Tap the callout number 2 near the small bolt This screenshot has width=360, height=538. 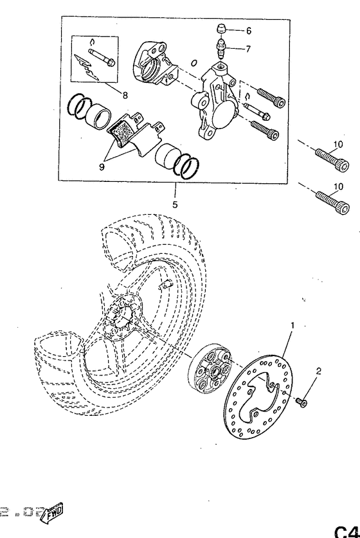318,371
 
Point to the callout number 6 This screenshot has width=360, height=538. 249,30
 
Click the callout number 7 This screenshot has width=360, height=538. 249,49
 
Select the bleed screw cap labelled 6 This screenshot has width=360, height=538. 220,28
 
